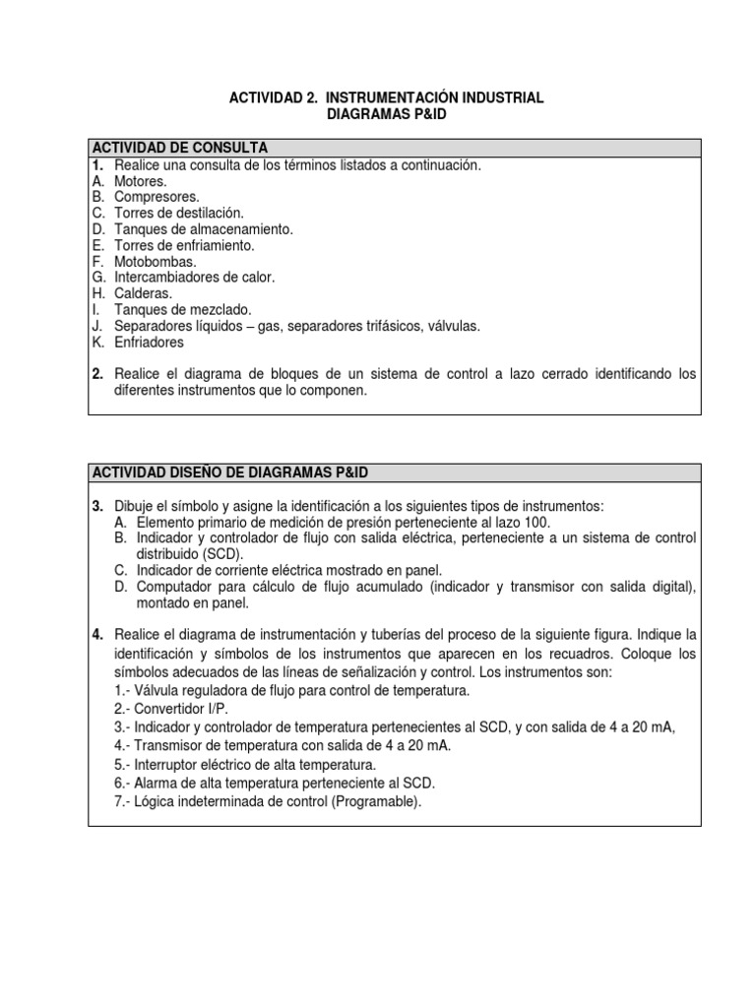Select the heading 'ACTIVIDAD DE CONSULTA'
pyautogui.click(x=179, y=148)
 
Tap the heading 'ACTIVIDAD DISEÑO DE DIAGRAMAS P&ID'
pyautogui.click(x=229, y=473)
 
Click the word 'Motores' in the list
pyautogui.click(x=140, y=181)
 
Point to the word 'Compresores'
pyautogui.click(x=156, y=197)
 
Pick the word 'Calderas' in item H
pyautogui.click(x=143, y=293)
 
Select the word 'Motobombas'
pyautogui.click(x=156, y=262)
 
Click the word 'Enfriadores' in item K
pyautogui.click(x=150, y=343)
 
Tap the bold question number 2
pyautogui.click(x=97, y=374)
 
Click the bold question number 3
pyautogui.click(x=97, y=506)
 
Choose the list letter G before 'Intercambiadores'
pyautogui.click(x=97, y=278)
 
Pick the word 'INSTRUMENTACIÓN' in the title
pyautogui.click(x=404, y=98)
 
